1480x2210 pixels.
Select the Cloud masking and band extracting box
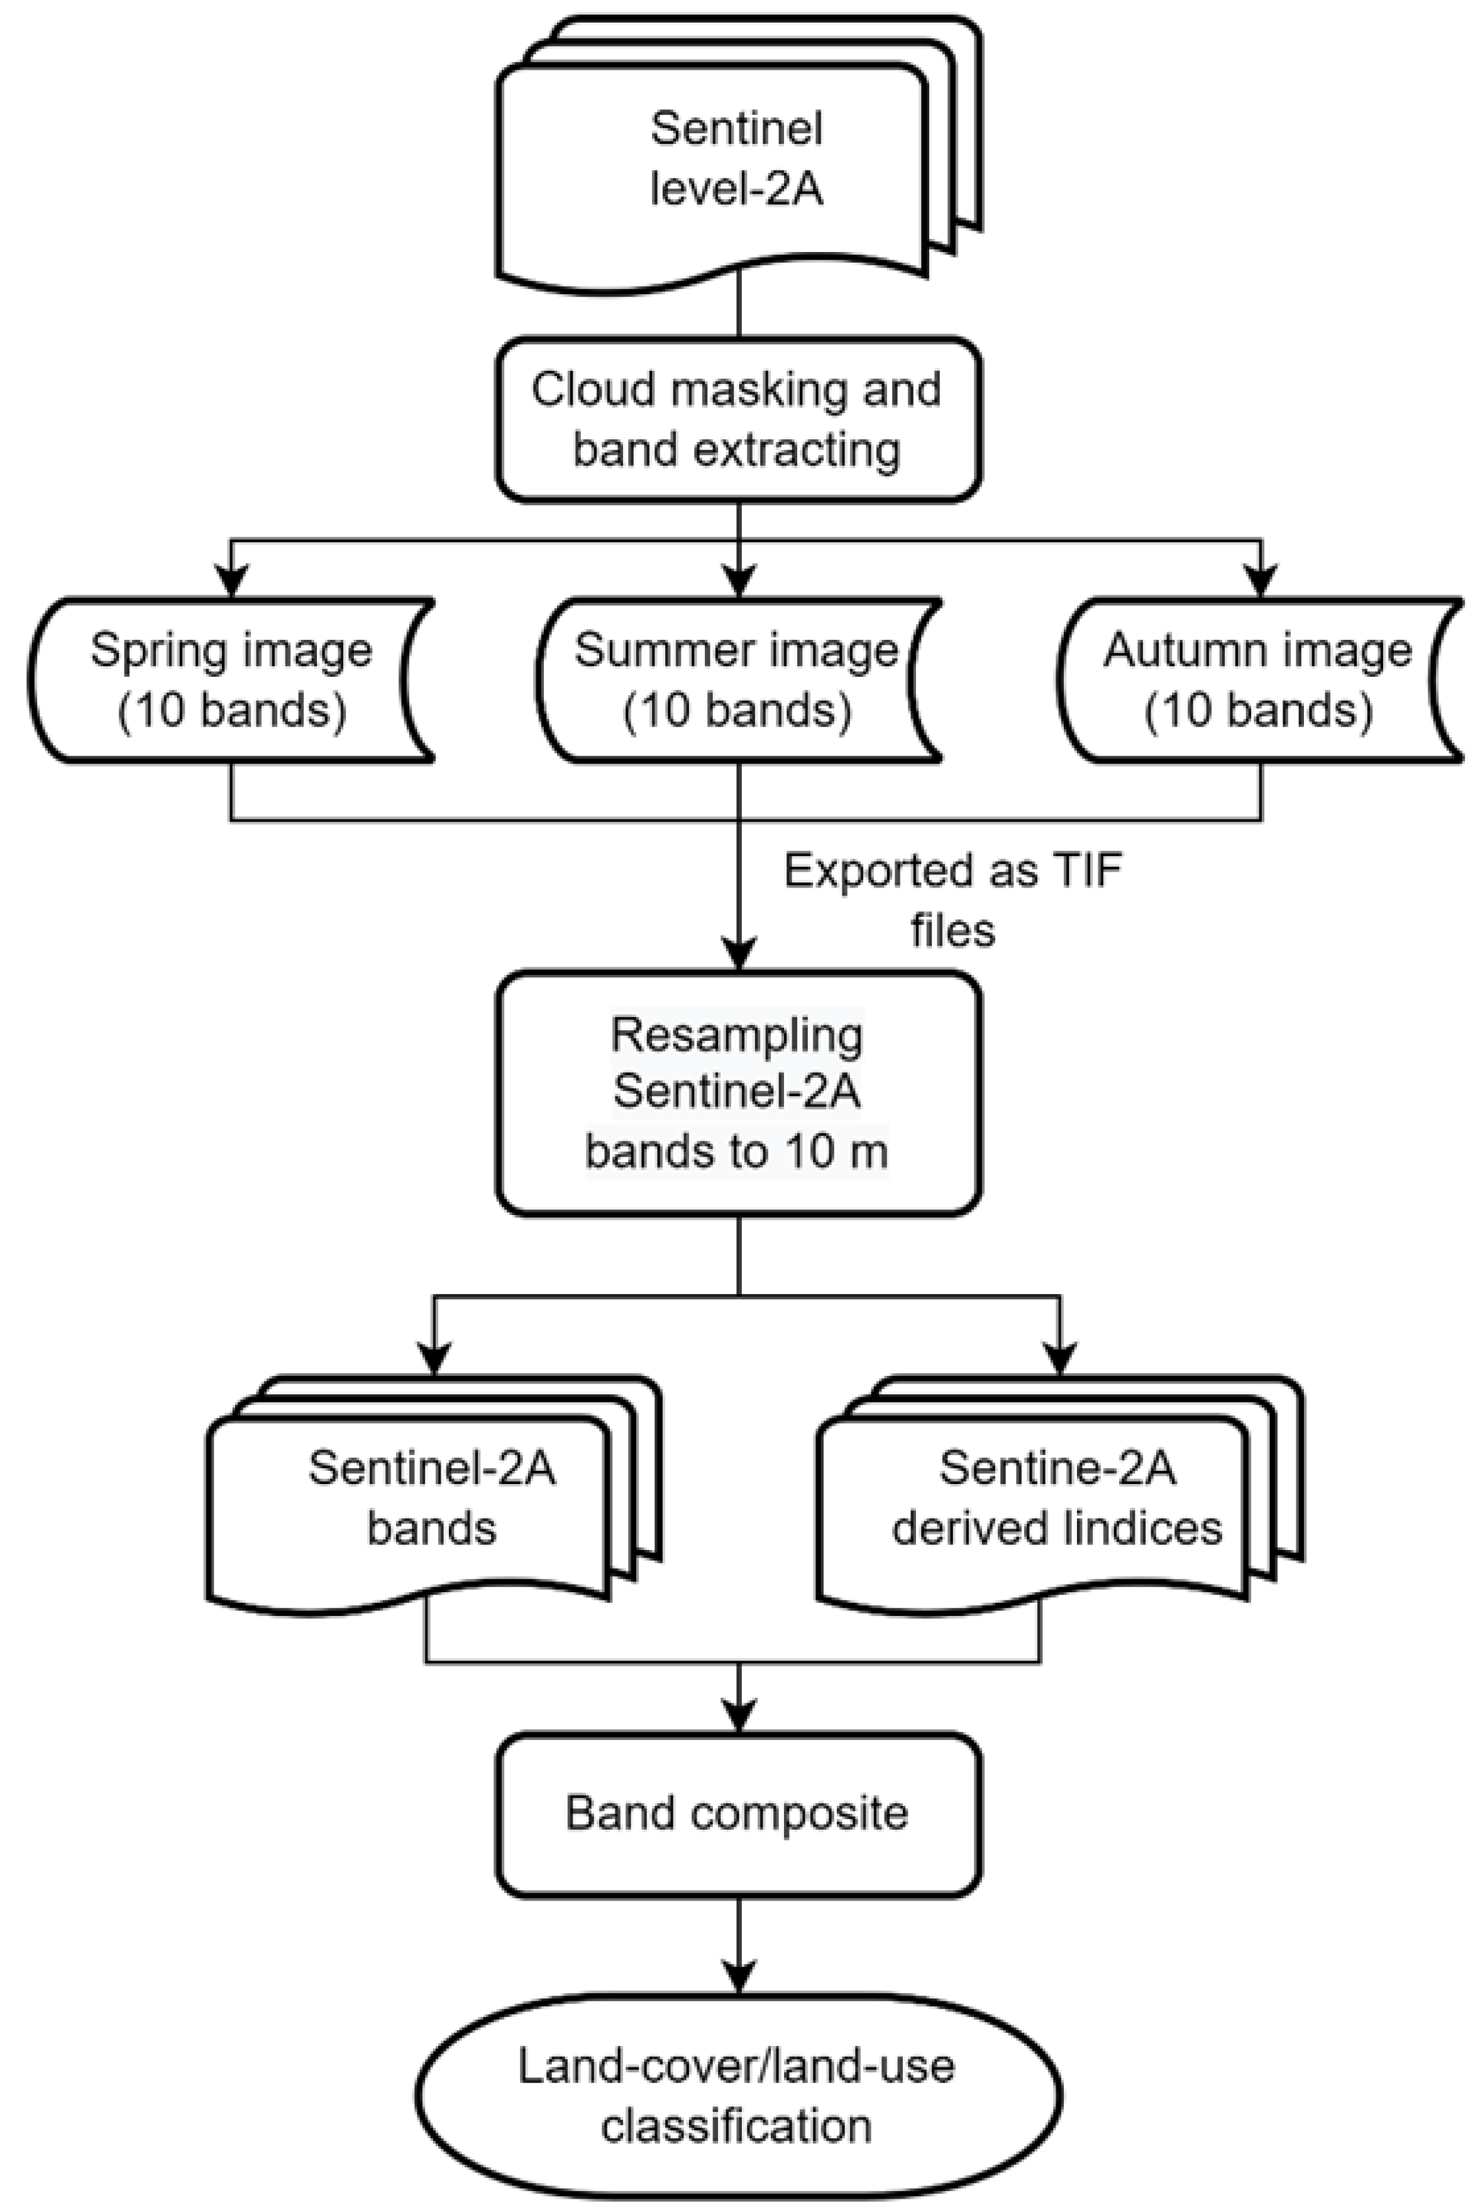738,419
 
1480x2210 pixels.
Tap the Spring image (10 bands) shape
231,679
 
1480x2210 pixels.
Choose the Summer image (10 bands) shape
738,679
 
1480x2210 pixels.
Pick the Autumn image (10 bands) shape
1260,679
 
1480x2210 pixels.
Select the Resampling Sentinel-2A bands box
738,1092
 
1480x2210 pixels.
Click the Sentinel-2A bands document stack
416,1500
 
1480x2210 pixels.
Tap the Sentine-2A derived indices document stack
1038,1500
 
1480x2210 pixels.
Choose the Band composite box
738,1813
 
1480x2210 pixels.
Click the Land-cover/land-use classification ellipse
738,2097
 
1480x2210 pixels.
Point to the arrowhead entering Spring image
231,580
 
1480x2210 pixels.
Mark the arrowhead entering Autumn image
1261,580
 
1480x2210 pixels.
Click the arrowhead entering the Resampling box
738,953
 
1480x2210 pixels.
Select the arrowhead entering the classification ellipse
738,1974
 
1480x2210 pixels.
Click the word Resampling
736,1035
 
